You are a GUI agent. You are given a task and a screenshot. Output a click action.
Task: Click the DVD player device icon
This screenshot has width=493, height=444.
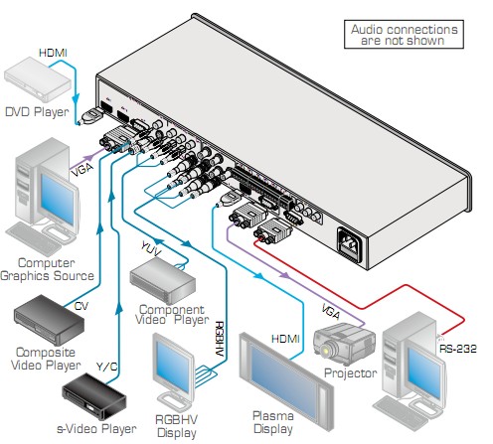click(37, 79)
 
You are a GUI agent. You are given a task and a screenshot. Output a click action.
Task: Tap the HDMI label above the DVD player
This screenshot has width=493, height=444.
click(53, 53)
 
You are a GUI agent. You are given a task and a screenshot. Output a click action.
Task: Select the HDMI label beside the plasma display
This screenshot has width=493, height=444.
click(285, 339)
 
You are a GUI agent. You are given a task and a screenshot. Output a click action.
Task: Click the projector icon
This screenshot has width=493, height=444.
click(344, 345)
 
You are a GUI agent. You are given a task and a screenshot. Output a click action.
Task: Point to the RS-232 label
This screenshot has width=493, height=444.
click(458, 349)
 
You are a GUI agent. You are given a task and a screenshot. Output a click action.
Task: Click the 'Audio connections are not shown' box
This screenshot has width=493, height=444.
click(404, 35)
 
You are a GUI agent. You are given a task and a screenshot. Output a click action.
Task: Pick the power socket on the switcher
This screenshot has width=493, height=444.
click(350, 243)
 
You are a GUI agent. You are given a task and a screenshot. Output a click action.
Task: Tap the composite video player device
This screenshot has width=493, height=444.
click(49, 320)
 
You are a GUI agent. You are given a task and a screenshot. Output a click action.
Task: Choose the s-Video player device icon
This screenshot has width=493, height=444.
click(94, 396)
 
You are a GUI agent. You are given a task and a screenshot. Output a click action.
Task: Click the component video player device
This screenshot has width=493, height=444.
click(162, 281)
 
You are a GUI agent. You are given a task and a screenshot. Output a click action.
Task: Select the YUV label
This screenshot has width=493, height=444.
click(151, 248)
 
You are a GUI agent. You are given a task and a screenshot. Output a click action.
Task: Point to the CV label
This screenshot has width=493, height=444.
click(82, 306)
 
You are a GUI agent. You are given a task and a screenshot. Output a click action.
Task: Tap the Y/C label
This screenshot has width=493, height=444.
click(106, 367)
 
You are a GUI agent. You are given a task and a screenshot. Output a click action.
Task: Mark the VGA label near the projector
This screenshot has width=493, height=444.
click(330, 312)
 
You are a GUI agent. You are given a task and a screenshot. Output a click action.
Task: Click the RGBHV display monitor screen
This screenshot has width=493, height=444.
click(172, 364)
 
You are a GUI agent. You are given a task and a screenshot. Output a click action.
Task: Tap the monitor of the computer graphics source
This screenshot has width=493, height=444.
click(59, 197)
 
